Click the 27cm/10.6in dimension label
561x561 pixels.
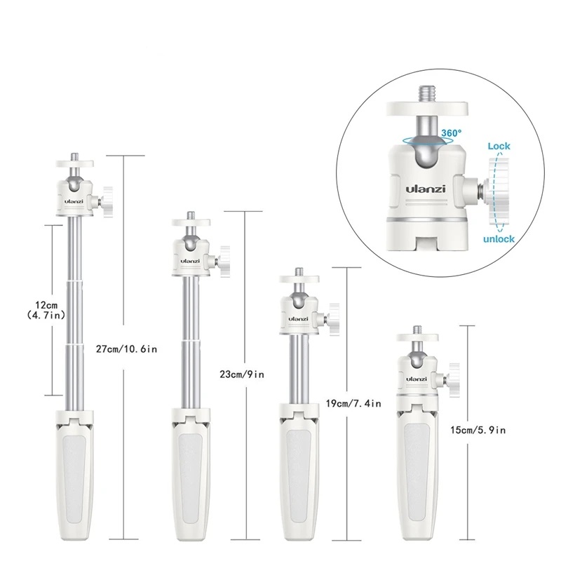coord(127,349)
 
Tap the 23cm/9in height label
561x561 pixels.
coord(242,374)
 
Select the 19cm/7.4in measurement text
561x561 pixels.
coord(353,404)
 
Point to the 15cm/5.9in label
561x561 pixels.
coord(478,430)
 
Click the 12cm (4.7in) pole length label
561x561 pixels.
coord(46,310)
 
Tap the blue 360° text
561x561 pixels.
coord(451,133)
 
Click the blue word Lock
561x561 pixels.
coord(499,146)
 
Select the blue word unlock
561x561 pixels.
coord(499,239)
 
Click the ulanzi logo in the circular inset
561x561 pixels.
coord(426,189)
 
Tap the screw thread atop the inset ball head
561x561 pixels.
coord(426,93)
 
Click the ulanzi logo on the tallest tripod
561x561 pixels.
coord(74,201)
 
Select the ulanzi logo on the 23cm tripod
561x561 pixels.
coord(190,261)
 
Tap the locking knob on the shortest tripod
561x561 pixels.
coord(454,380)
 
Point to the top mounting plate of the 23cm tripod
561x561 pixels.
coord(191,222)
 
